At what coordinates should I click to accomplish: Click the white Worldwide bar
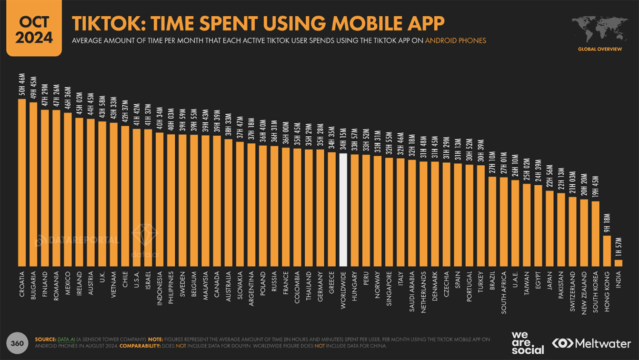point(343,210)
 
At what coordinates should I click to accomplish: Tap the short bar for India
point(618,263)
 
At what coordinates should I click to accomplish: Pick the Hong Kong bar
point(607,250)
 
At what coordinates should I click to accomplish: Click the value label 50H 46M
point(22,85)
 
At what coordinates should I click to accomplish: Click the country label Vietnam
point(113,284)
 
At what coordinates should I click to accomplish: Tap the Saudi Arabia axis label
point(412,291)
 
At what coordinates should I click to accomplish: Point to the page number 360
point(17,343)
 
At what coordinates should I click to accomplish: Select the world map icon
point(599,30)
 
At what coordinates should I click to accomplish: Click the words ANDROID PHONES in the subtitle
point(456,41)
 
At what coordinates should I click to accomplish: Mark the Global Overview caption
point(599,49)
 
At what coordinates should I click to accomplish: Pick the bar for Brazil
point(492,221)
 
